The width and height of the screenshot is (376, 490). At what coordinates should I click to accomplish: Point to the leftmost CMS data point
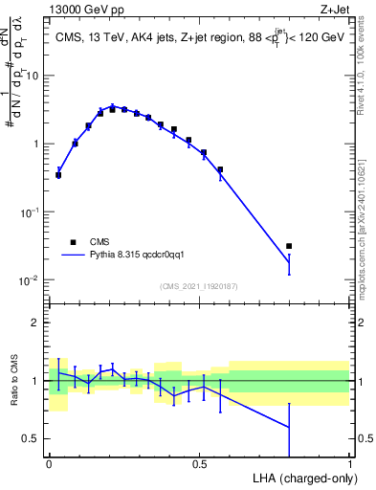(58, 175)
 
